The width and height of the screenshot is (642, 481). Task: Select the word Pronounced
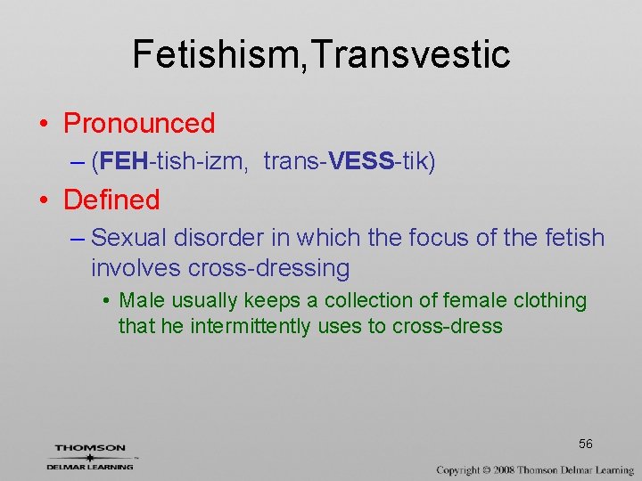(139, 123)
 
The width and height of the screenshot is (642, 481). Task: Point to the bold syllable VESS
(360, 162)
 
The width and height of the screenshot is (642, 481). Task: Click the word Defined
(111, 200)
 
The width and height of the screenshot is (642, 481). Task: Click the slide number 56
(585, 444)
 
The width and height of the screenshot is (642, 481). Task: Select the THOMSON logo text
(89, 447)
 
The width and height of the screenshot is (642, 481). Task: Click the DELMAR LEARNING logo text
(90, 466)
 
